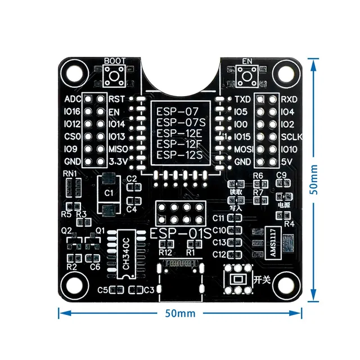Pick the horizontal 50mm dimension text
[178, 314]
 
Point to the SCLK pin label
[291, 137]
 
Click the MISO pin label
[119, 149]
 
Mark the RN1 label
[70, 173]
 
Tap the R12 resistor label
[165, 253]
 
